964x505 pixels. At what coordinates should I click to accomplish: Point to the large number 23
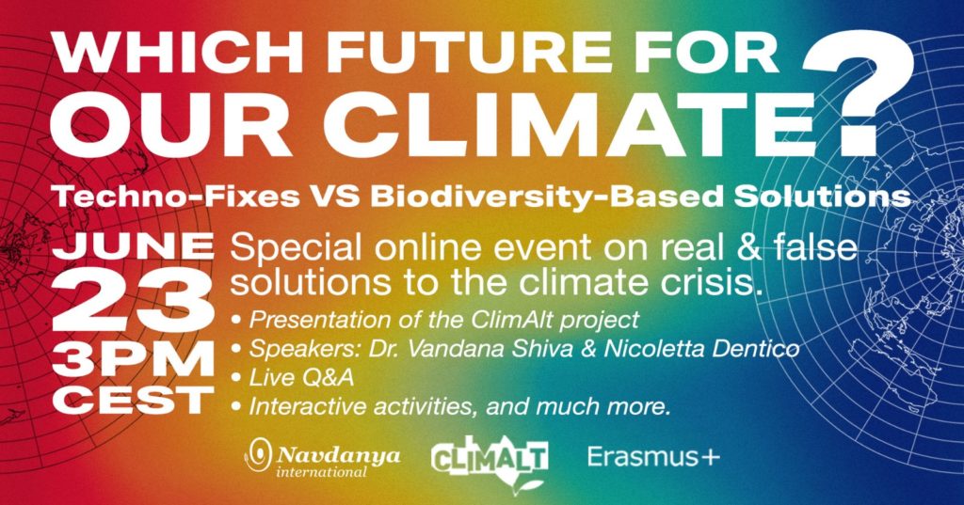pyautogui.click(x=133, y=300)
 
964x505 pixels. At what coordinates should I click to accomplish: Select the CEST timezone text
pyautogui.click(x=133, y=400)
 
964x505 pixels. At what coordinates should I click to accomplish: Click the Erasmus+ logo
pyautogui.click(x=653, y=457)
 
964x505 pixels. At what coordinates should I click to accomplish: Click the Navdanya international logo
pyautogui.click(x=323, y=458)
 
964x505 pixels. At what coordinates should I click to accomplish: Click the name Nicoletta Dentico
pyautogui.click(x=701, y=348)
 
